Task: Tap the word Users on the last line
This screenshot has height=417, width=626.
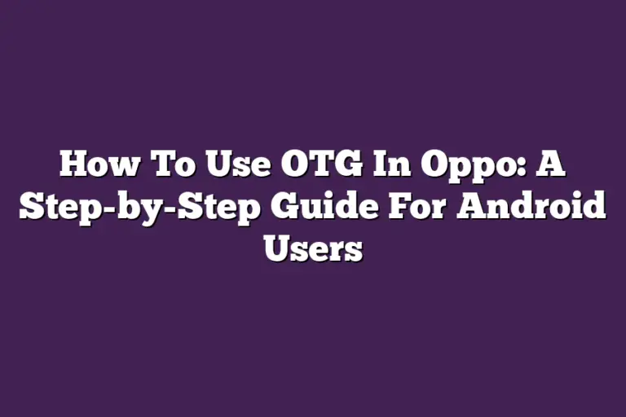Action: point(313,248)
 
